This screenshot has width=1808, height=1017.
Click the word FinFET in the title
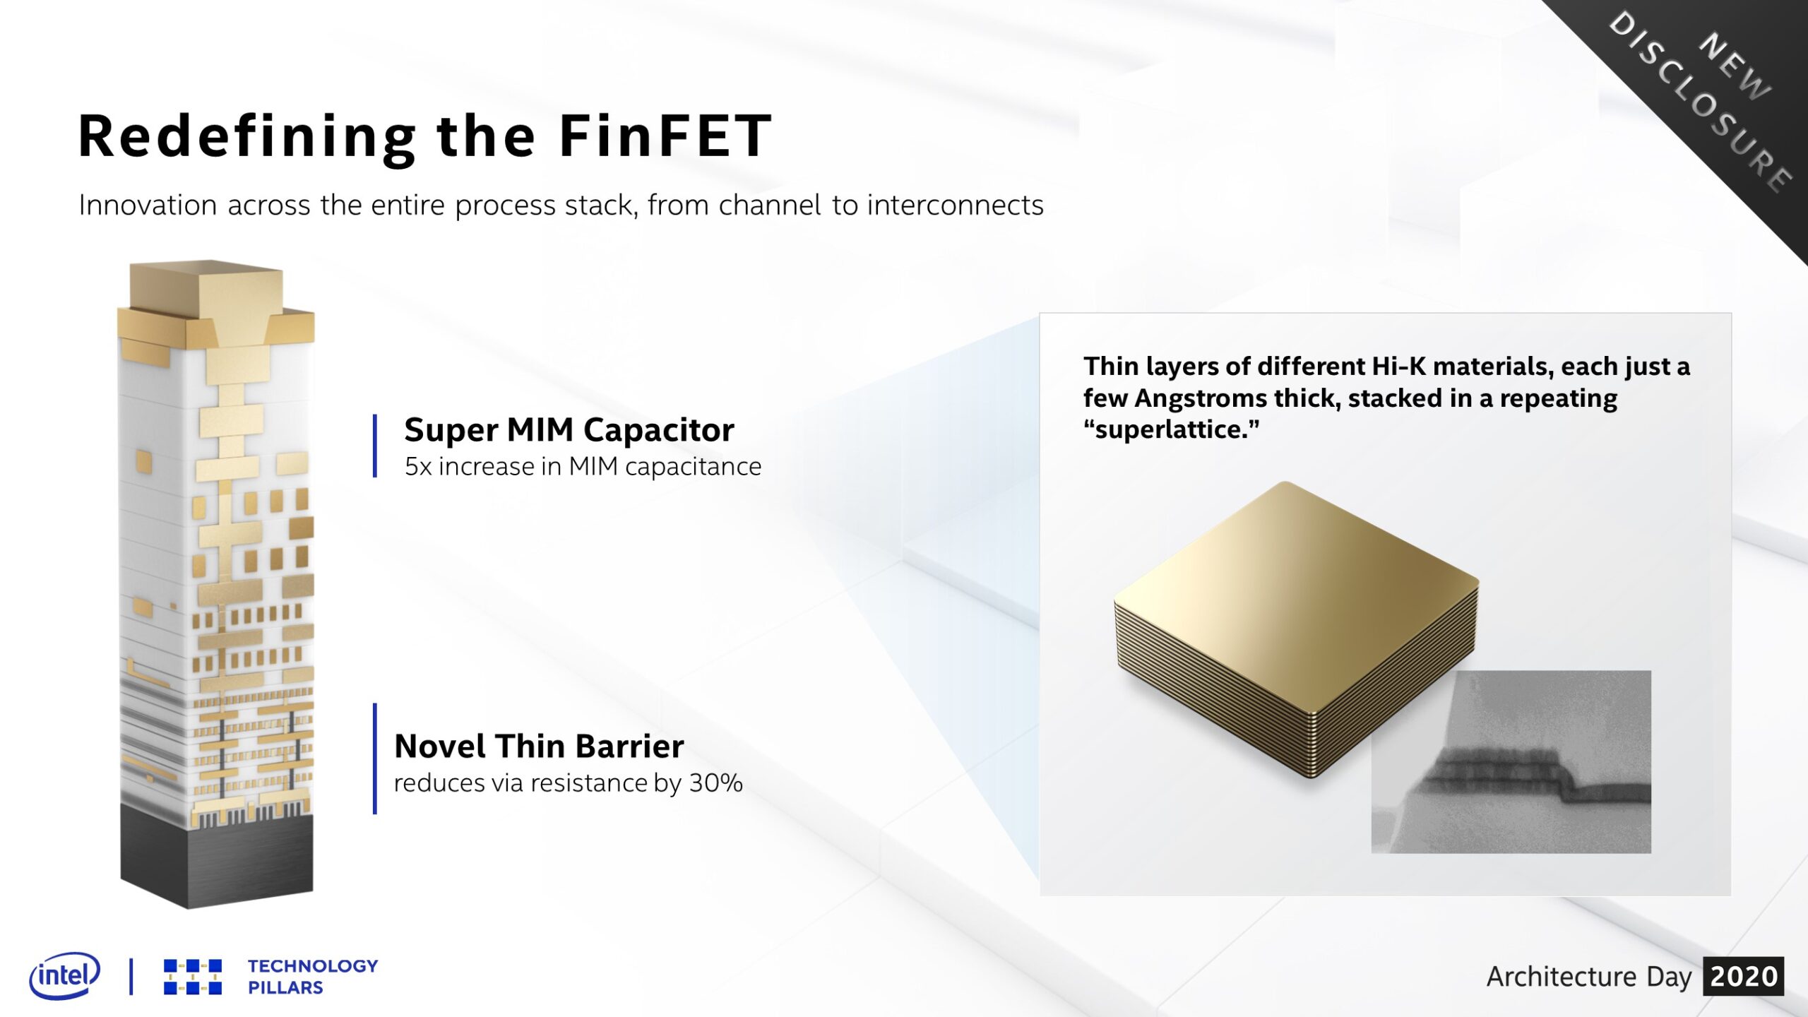tap(665, 136)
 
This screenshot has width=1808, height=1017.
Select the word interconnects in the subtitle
tap(956, 205)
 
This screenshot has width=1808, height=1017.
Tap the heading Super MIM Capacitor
tap(569, 430)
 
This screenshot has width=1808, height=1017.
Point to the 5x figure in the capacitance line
tap(418, 467)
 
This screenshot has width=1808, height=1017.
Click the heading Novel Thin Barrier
tap(539, 746)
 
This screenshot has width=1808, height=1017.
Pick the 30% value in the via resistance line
tap(716, 783)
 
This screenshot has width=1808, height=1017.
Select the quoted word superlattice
tap(1172, 429)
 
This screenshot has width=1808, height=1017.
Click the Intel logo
tap(65, 975)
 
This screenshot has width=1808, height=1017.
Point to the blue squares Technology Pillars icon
tap(193, 977)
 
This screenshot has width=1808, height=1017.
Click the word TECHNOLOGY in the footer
tap(313, 965)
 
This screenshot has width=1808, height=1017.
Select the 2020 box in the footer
tap(1743, 976)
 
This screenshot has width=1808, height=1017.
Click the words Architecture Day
tap(1589, 977)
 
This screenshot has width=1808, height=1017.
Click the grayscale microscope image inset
tap(1511, 761)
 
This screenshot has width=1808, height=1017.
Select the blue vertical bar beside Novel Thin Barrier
tap(374, 759)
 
